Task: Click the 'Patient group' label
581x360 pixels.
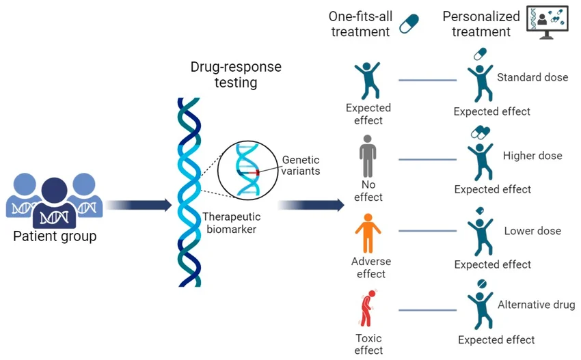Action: [x=55, y=237]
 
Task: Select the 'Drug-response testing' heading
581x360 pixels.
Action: [x=236, y=75]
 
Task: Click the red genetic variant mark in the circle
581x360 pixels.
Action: [x=258, y=174]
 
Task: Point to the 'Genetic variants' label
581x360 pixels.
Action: [x=301, y=165]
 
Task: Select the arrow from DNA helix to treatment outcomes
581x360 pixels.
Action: [x=310, y=204]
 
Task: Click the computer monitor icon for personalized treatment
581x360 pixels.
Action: [x=547, y=22]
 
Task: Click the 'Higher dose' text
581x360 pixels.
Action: [x=532, y=156]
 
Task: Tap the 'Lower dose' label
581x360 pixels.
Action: [x=532, y=231]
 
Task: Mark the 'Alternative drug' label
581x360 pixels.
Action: [x=537, y=305]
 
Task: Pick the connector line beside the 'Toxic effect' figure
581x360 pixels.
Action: [x=427, y=310]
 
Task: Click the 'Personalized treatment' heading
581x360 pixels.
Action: [x=476, y=24]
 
